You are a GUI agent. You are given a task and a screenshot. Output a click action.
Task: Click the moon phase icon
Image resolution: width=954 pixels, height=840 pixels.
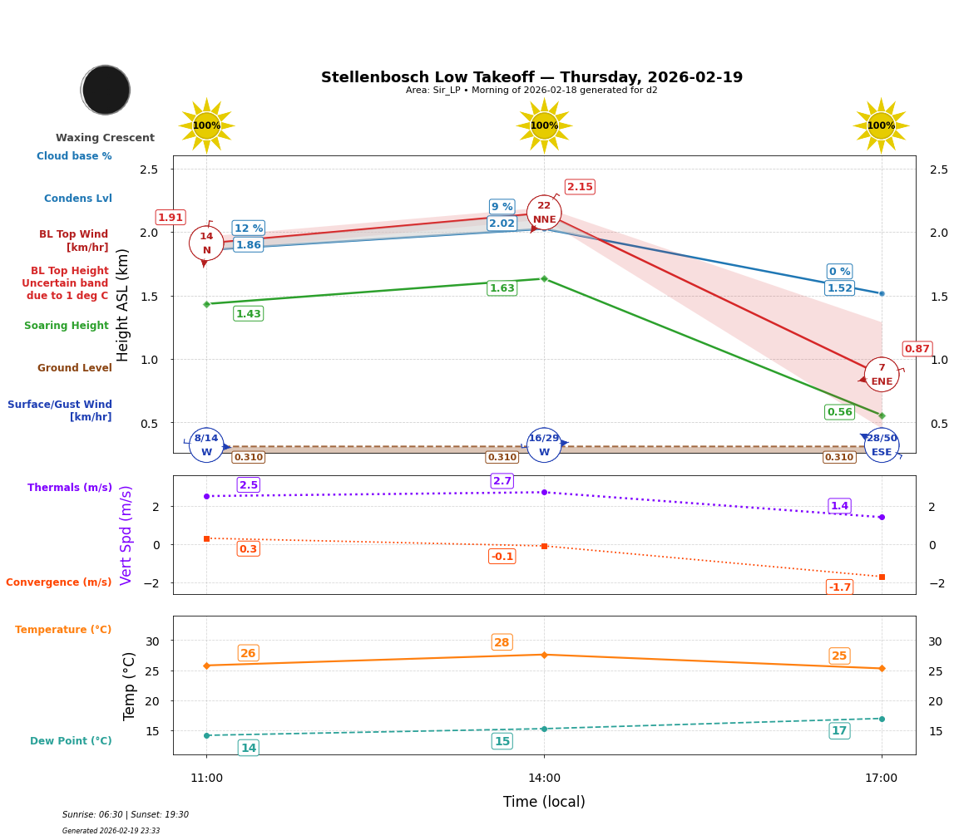tap(106, 90)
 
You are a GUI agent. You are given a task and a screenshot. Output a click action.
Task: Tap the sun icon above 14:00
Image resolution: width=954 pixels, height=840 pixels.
tap(544, 125)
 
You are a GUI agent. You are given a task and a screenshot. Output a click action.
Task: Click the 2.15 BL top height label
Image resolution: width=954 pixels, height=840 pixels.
tap(580, 187)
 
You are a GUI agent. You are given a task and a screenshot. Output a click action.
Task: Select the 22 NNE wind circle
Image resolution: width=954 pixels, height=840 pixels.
tap(544, 213)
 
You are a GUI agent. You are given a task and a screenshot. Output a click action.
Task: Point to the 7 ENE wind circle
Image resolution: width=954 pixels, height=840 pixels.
tap(882, 375)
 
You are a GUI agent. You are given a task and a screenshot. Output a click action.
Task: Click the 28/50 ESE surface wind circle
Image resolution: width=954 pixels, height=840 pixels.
tap(882, 445)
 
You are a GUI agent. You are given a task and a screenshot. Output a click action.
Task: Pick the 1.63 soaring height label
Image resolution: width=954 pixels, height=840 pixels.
tap(502, 288)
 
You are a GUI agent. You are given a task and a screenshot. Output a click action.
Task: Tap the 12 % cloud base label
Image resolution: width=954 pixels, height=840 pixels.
tap(248, 228)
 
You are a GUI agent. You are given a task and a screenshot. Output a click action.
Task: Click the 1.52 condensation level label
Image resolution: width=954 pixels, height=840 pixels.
tap(839, 288)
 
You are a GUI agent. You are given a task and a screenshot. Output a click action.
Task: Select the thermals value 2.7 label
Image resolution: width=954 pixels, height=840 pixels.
tap(502, 481)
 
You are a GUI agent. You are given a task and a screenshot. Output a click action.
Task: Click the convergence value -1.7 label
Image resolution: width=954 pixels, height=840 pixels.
tap(839, 587)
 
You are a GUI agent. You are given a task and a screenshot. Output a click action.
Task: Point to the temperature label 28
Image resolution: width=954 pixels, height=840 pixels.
tap(502, 642)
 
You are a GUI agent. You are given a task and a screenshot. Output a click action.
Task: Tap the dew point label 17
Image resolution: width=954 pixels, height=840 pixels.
tap(839, 731)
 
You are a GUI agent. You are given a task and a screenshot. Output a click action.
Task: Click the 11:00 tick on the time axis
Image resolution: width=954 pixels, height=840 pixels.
tap(206, 779)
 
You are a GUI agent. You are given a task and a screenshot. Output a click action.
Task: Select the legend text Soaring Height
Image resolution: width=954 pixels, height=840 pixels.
tap(67, 326)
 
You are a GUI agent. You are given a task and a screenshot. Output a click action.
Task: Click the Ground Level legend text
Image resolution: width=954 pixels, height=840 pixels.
tap(74, 368)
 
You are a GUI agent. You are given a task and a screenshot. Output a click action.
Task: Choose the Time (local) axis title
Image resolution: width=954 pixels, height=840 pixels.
tap(544, 802)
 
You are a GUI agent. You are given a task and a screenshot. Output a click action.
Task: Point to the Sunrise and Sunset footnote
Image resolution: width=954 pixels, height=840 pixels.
tap(126, 815)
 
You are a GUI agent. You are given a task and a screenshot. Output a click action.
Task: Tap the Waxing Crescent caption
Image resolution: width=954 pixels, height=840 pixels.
tap(105, 138)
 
